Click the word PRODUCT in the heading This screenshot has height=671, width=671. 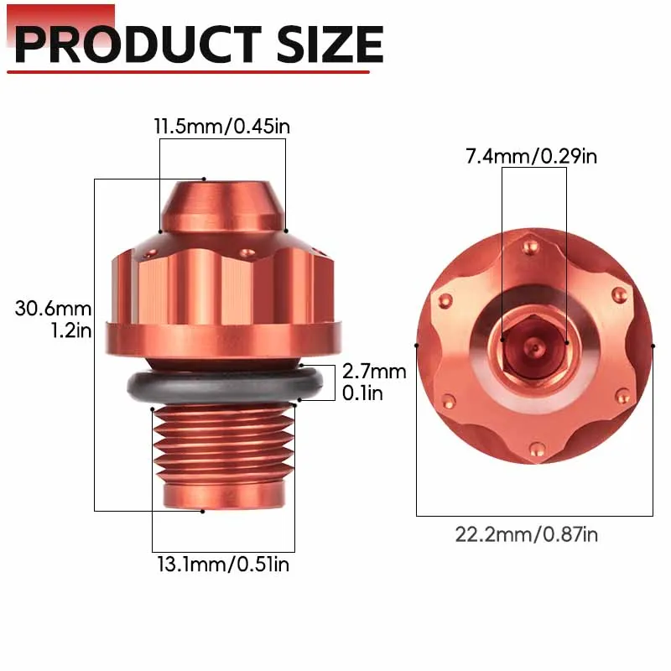[x=138, y=44]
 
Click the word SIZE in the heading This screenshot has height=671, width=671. [x=330, y=44]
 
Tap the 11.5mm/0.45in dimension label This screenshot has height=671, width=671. [x=222, y=127]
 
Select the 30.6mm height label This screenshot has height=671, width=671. [x=53, y=309]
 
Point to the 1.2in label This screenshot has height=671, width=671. [x=71, y=330]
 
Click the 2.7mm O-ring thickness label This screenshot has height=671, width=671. [x=374, y=372]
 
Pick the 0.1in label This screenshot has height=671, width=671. [x=362, y=393]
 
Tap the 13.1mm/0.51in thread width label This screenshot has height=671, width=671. [x=223, y=564]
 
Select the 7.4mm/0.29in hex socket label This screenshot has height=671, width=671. [x=531, y=156]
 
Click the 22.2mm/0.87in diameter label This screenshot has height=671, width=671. [x=527, y=535]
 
